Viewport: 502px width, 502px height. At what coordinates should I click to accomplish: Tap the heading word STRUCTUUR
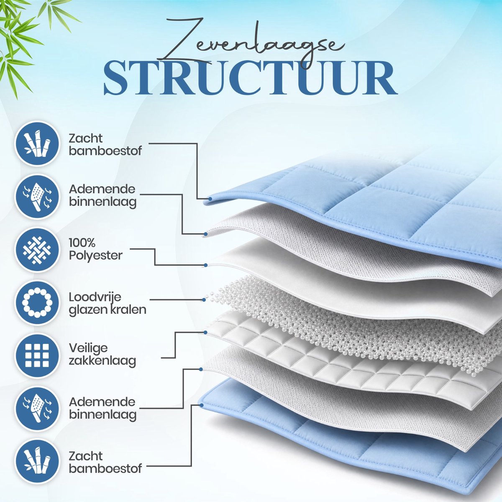(251, 78)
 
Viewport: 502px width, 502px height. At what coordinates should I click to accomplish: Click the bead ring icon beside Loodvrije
(37, 302)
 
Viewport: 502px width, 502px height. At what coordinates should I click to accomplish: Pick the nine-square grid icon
(37, 355)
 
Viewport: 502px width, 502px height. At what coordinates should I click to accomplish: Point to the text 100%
(82, 243)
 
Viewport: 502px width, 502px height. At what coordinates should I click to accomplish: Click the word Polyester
(96, 256)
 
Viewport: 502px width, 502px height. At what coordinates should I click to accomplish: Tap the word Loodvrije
(95, 297)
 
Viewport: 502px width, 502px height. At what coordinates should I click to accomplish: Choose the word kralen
(125, 310)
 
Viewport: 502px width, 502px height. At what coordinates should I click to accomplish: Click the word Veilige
(88, 348)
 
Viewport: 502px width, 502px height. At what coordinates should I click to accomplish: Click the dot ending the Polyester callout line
(205, 265)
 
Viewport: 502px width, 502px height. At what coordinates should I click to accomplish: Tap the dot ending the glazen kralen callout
(204, 300)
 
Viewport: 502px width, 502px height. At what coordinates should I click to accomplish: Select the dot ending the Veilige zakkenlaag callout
(205, 333)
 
